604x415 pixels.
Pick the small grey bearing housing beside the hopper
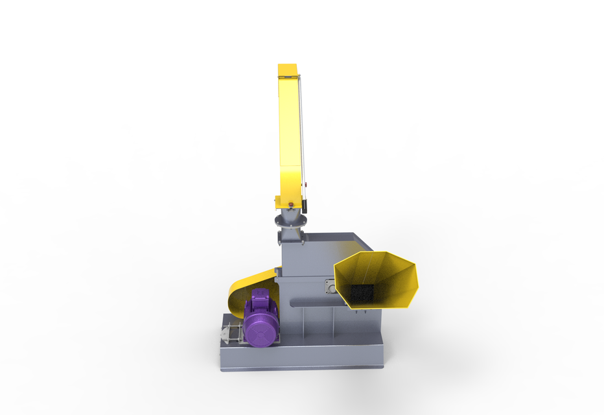point(330,286)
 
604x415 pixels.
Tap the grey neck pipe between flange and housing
point(290,234)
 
